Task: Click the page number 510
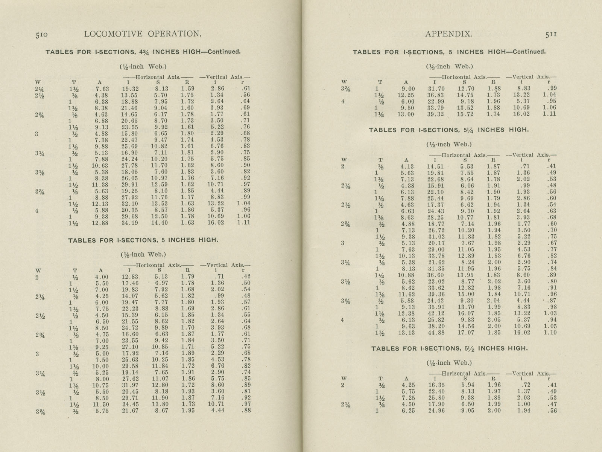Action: point(41,34)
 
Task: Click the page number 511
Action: point(550,34)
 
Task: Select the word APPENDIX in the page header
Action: point(448,34)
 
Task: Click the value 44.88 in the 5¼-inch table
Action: point(436,333)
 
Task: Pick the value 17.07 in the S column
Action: point(465,333)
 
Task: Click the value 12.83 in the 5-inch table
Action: point(129,277)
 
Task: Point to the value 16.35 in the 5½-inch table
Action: point(436,385)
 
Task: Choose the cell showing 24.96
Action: point(436,411)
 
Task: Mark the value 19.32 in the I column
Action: point(129,89)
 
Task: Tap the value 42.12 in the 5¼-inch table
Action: point(436,313)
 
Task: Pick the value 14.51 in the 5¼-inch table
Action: point(436,166)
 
